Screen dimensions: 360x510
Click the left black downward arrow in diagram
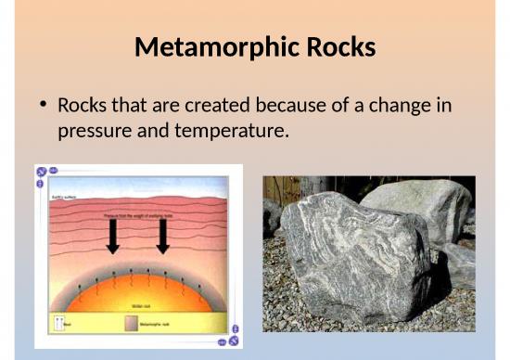click(x=113, y=237)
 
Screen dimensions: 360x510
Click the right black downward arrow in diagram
click(x=163, y=237)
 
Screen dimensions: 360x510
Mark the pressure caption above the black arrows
click(x=138, y=214)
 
